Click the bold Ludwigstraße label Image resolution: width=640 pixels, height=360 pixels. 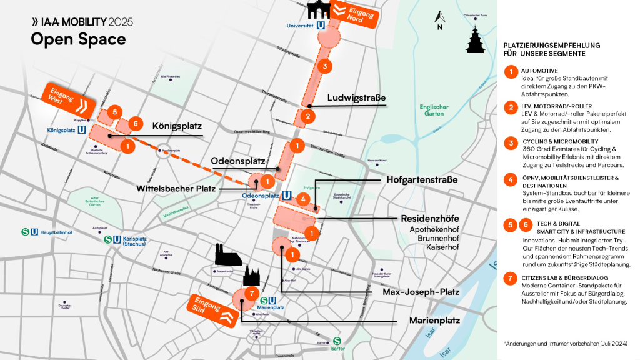[356, 98]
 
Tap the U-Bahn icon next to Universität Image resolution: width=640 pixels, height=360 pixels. [321, 26]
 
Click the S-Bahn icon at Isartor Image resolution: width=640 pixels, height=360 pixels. [337, 341]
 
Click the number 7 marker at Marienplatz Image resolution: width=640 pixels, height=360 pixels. [250, 293]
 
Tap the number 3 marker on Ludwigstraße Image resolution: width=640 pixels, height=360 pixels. [324, 66]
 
